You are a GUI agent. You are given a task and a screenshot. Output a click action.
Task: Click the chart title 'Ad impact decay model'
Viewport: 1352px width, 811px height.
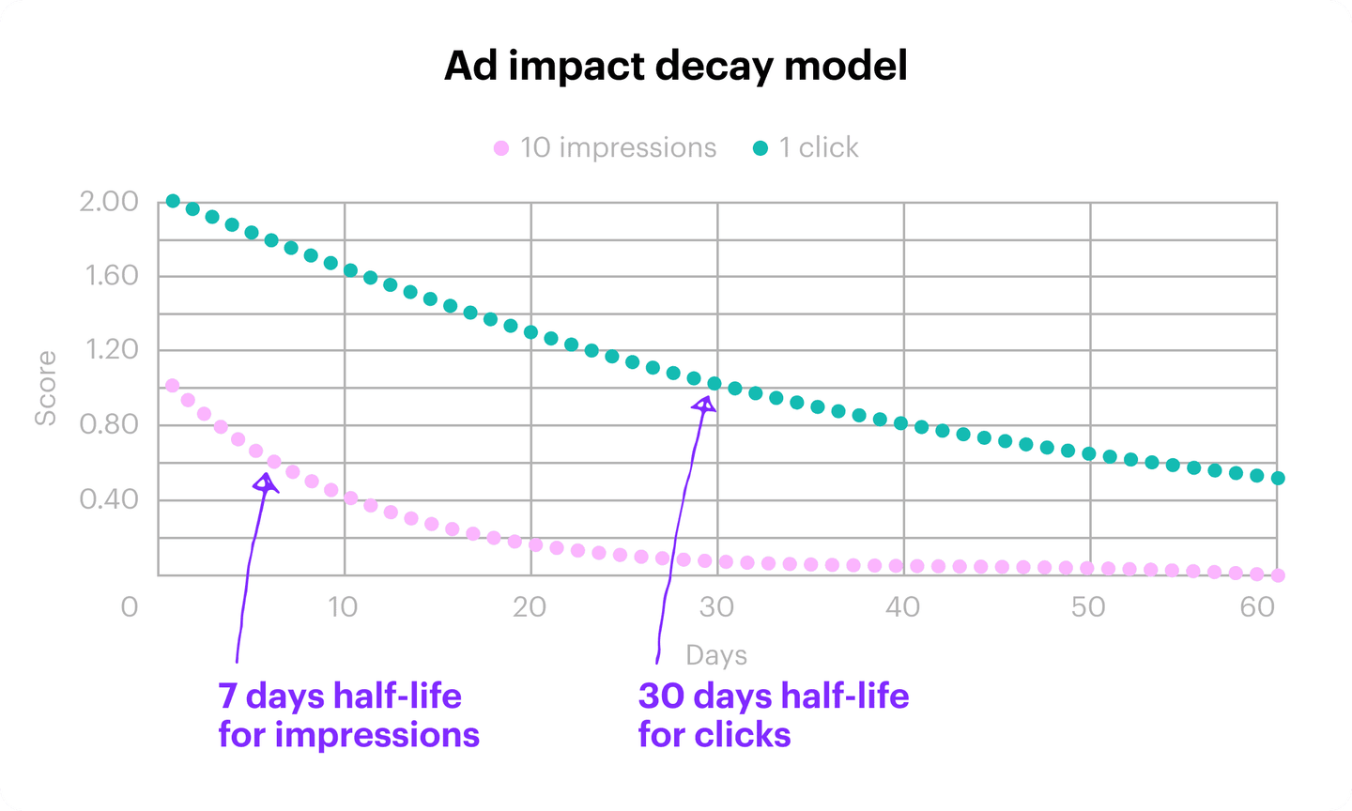[676, 67]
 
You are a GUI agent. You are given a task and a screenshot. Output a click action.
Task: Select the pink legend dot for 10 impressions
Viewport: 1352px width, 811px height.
[501, 148]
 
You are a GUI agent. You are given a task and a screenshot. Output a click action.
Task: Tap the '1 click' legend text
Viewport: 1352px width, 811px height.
[819, 147]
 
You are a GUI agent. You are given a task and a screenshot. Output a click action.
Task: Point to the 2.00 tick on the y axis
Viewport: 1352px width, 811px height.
[109, 202]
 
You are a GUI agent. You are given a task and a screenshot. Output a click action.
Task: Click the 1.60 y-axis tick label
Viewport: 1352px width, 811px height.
[110, 276]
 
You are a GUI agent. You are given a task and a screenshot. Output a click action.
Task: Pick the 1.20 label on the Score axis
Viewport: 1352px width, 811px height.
[111, 350]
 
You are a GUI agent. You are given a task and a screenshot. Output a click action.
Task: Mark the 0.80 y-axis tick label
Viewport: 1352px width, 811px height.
[109, 424]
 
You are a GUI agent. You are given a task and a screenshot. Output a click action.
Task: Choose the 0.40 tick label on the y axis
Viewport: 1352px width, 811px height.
[109, 498]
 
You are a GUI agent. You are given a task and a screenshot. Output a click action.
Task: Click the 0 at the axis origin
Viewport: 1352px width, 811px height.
[130, 607]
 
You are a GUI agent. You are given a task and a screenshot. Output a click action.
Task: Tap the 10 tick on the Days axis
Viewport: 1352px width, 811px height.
[343, 607]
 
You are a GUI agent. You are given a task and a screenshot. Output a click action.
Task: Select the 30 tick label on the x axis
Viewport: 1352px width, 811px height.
[716, 607]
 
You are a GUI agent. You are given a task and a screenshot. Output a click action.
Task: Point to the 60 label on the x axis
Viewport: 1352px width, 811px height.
[1257, 607]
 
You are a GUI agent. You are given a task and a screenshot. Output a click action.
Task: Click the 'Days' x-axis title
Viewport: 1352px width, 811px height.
[716, 655]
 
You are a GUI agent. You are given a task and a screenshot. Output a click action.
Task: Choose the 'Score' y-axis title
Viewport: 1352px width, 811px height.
[45, 388]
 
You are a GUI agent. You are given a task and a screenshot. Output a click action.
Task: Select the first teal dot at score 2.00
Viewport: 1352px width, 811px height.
[173, 201]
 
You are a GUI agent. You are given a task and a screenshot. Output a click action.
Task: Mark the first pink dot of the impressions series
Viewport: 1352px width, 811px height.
[172, 385]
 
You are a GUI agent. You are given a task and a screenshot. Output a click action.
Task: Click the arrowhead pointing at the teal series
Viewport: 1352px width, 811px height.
[704, 405]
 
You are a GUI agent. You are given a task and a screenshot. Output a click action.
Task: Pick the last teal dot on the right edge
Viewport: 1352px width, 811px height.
[1278, 478]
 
